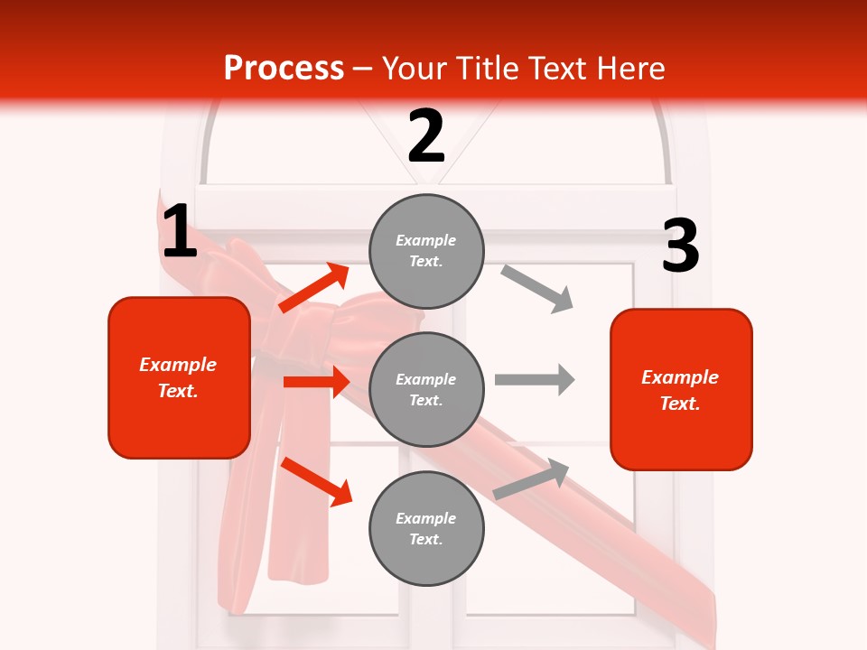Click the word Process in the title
pyautogui.click(x=284, y=69)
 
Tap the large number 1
pyautogui.click(x=179, y=233)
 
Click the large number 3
pyautogui.click(x=680, y=247)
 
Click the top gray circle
pyautogui.click(x=426, y=250)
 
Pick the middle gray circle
pyautogui.click(x=426, y=389)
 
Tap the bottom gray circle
pyautogui.click(x=426, y=528)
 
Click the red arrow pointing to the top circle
pyautogui.click(x=314, y=287)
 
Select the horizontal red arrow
pyautogui.click(x=316, y=382)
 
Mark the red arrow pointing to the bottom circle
pyautogui.click(x=316, y=481)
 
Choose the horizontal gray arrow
pyautogui.click(x=535, y=379)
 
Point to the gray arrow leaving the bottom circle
pyautogui.click(x=532, y=479)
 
